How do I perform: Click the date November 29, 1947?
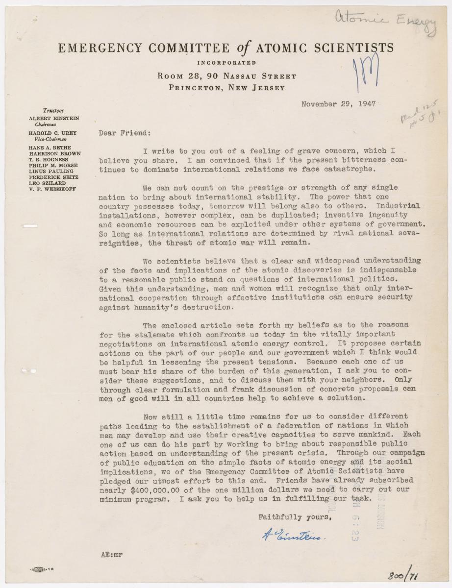coord(338,104)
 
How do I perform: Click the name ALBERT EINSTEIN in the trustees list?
coord(53,119)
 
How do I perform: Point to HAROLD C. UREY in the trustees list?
coord(52,133)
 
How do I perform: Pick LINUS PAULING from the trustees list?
coord(49,171)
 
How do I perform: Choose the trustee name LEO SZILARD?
coord(47,182)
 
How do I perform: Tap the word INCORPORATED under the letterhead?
coord(226,63)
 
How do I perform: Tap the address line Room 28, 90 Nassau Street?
coord(227,76)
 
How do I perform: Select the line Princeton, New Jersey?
coord(226,88)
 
